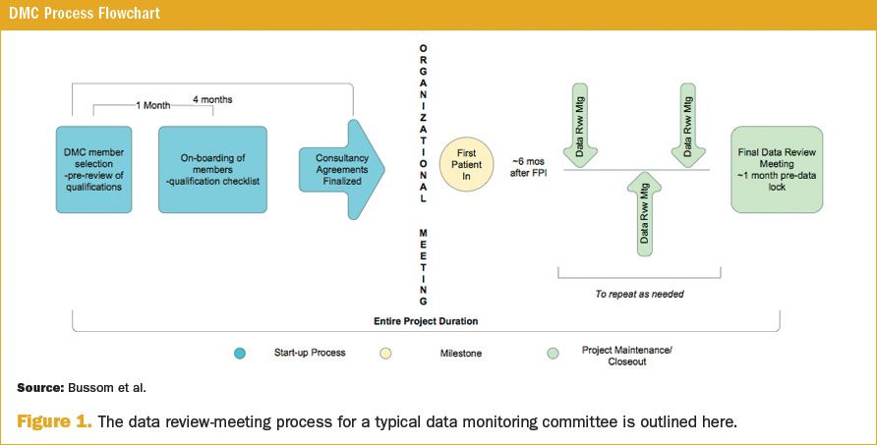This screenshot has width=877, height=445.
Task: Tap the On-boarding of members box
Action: click(x=213, y=169)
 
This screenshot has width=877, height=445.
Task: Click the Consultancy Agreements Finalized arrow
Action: click(x=340, y=169)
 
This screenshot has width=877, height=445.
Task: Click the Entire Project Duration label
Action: click(x=426, y=321)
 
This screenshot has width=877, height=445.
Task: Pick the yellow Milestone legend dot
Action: click(x=385, y=353)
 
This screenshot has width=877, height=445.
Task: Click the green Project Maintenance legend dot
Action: click(x=554, y=353)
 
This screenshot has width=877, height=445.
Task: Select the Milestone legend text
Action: click(x=458, y=353)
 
